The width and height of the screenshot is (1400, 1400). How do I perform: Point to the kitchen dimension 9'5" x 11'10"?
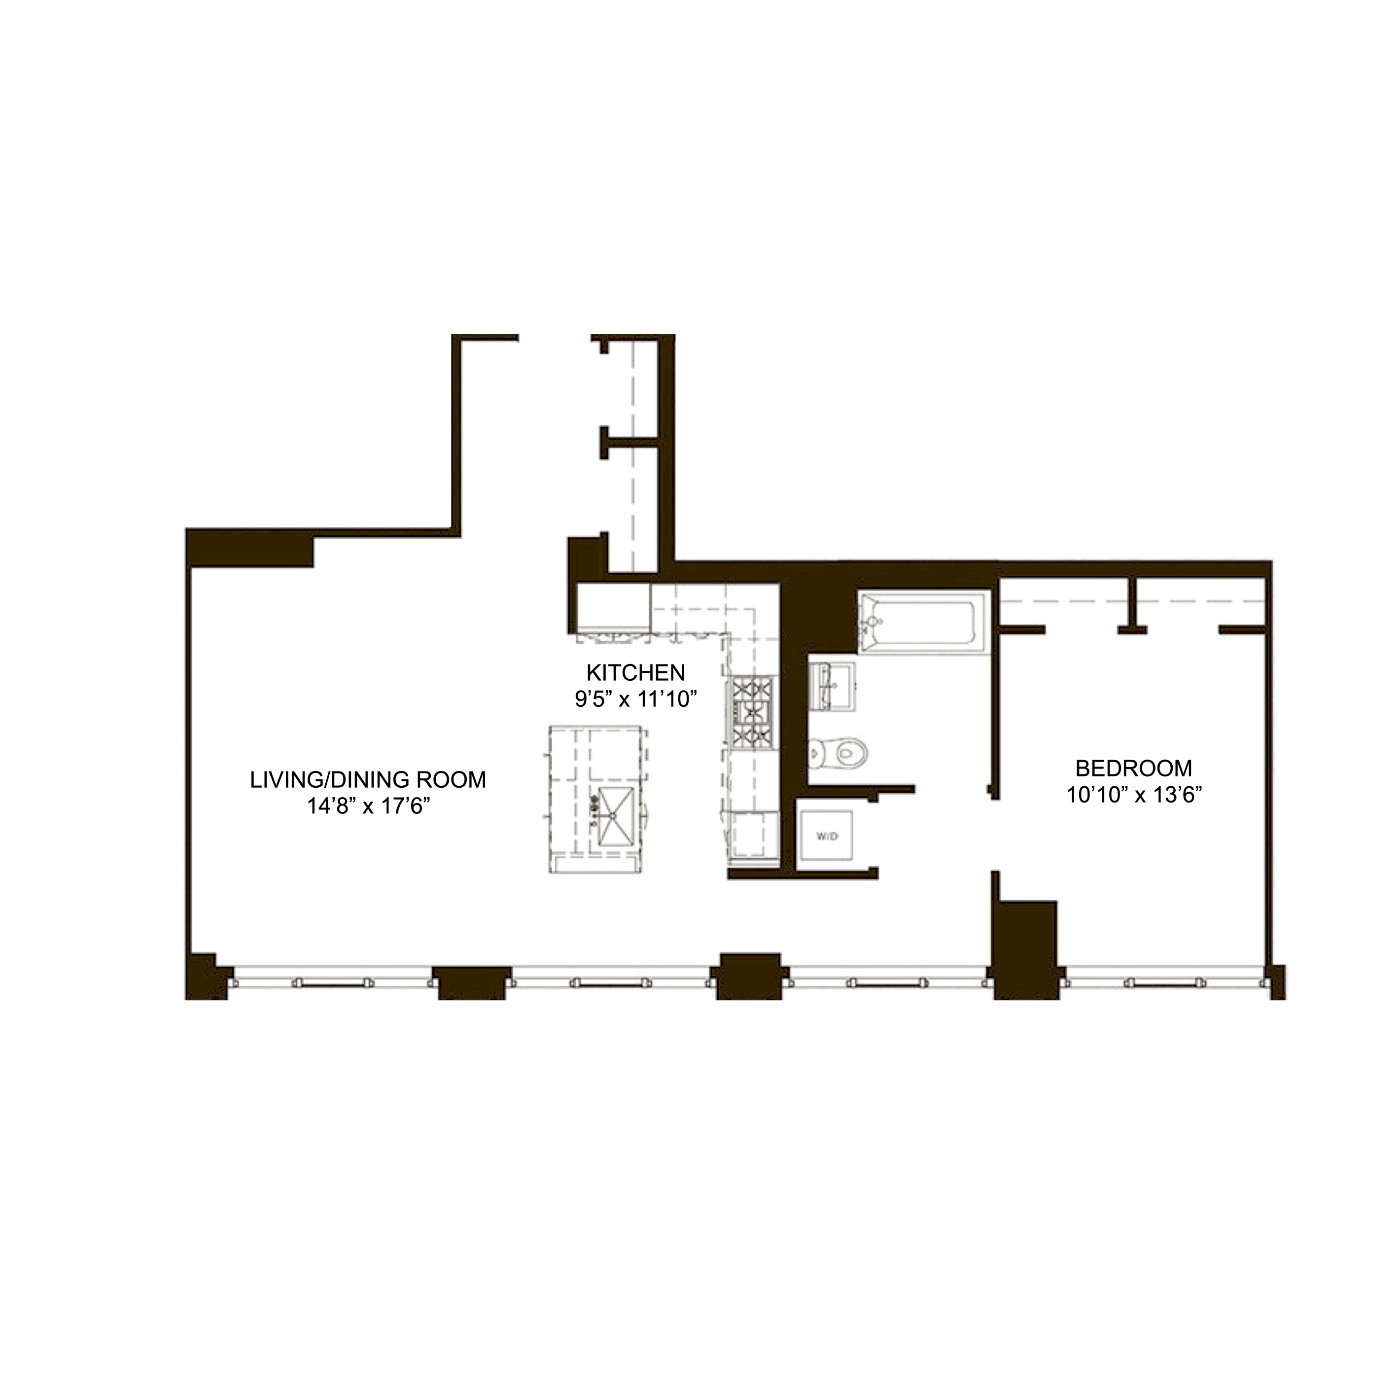635,700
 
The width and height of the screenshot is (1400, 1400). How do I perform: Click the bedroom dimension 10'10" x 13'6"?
1134,795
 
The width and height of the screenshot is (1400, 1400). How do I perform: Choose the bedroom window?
1165,982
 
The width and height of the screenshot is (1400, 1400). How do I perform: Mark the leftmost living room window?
333,982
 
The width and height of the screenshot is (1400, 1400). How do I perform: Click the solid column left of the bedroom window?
1025,949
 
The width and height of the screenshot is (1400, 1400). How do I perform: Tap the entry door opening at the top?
555,338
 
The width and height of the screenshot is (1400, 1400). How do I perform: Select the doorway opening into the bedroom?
995,835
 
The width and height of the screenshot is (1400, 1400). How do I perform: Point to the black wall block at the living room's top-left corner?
250,548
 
